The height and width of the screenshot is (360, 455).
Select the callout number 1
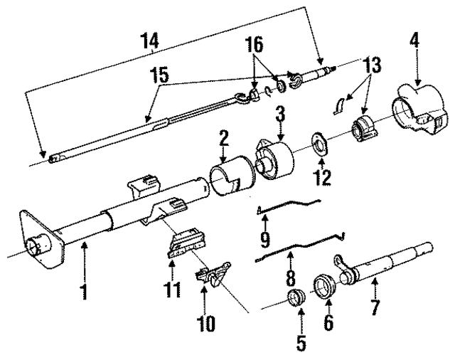coord(85,292)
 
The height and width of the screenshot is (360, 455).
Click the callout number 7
coord(375,308)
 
